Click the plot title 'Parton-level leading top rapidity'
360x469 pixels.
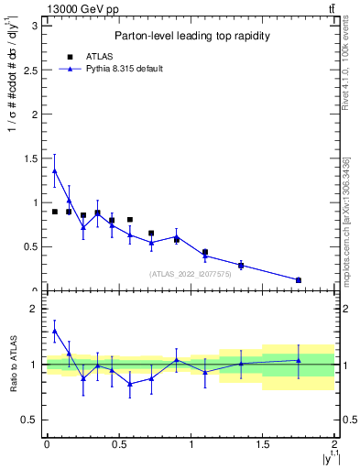coord(191,36)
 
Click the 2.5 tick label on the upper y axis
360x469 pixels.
coord(34,70)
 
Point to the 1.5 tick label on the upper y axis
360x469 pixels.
coord(34,158)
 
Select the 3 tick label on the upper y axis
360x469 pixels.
coord(38,26)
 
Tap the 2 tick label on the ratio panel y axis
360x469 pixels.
coord(38,310)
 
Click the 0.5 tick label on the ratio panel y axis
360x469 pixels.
coord(34,420)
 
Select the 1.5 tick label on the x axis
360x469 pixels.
coord(263,444)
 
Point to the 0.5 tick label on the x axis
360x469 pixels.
coord(118,444)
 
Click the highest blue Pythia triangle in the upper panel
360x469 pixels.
coord(55,171)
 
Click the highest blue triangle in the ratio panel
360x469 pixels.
coord(55,332)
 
